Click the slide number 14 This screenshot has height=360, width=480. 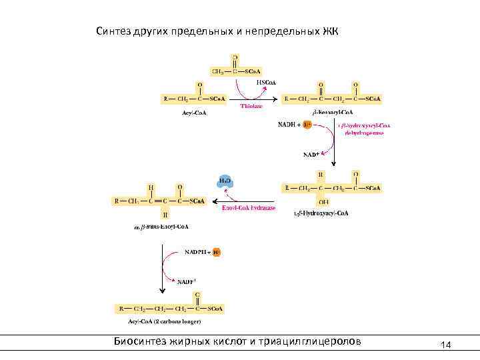point(446,345)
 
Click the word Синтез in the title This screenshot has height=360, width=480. point(115,31)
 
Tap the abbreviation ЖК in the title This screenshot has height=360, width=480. point(331,31)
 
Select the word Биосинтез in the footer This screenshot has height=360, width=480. point(143,342)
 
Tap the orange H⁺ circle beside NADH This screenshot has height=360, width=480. point(307,125)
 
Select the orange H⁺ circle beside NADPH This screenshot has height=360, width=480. point(217,253)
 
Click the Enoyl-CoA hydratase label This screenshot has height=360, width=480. point(248,208)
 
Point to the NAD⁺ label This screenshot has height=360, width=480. point(311,155)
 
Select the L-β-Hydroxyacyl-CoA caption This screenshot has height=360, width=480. point(321,213)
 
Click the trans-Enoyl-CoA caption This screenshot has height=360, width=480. point(161,227)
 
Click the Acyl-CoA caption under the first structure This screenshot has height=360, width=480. point(195,113)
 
